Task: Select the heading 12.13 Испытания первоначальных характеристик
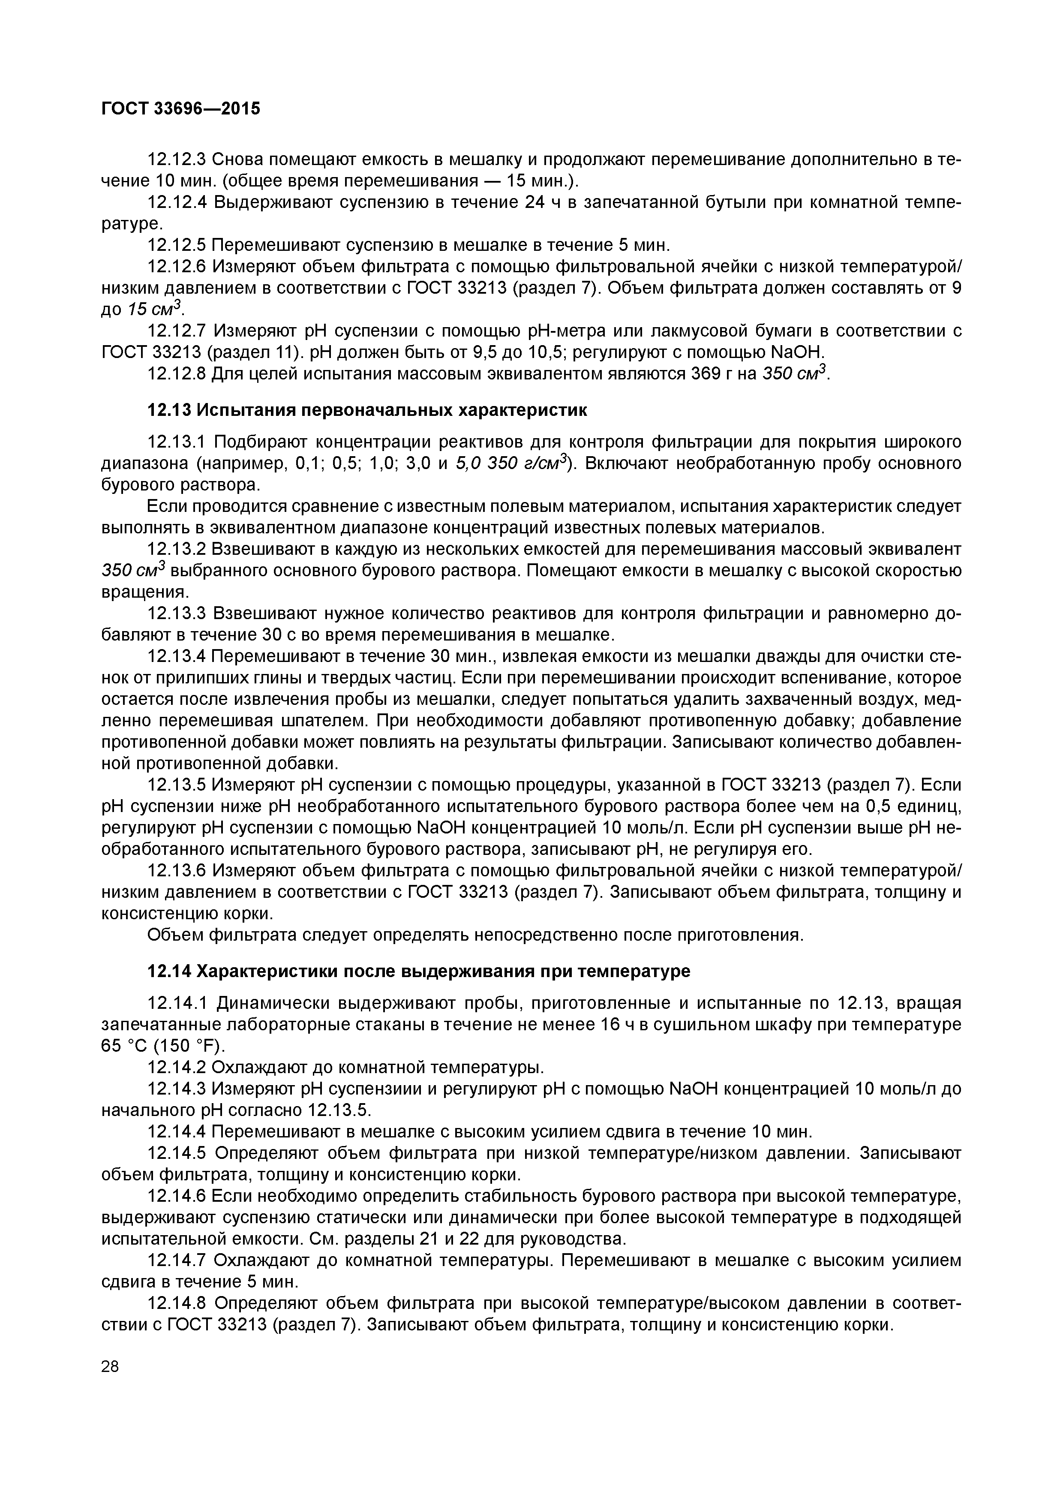[367, 411]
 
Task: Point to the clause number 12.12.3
[177, 159]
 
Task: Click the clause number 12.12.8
[177, 374]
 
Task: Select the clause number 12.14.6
[177, 1196]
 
